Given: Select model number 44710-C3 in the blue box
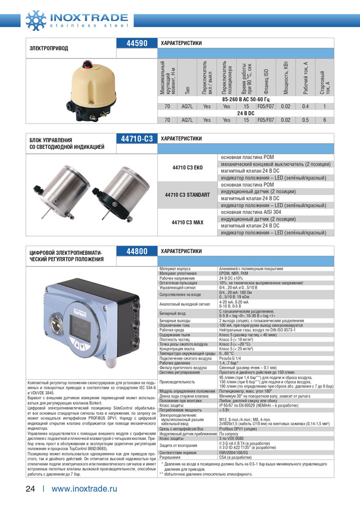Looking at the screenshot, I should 137,139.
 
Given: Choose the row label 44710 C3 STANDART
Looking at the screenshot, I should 187,195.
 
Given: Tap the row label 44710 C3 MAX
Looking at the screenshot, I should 188,222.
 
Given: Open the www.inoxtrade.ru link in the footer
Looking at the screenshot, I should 85,489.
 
